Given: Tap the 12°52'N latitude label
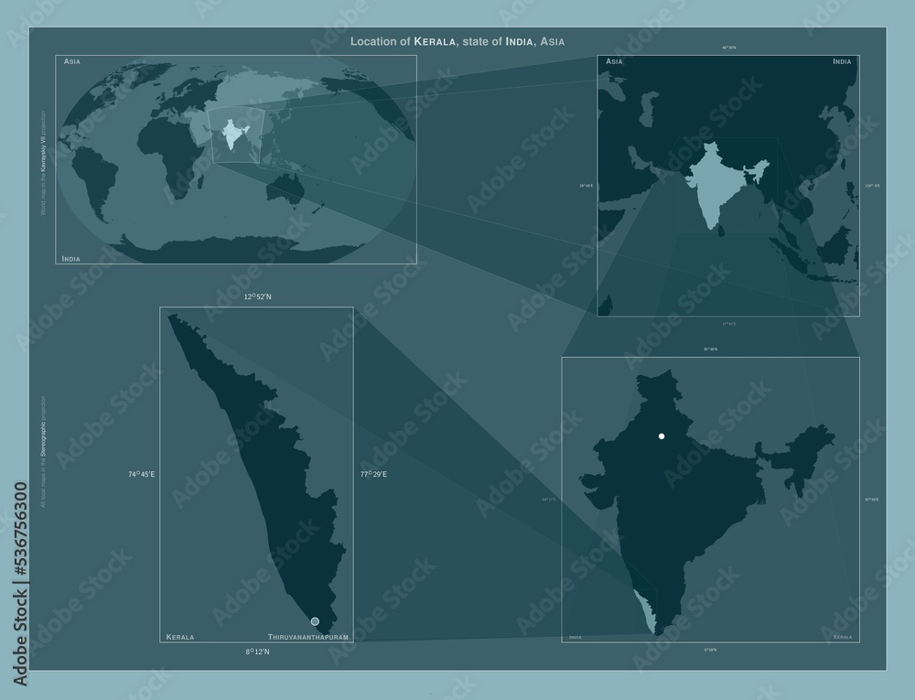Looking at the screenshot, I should (259, 296).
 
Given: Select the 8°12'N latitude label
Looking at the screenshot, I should (257, 652).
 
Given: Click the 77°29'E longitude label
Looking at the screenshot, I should (373, 474).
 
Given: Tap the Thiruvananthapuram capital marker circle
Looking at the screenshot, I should (315, 621).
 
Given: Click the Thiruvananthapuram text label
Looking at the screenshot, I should (308, 635).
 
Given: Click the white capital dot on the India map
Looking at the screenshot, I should (662, 436).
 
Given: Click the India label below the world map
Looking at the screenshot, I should (70, 259).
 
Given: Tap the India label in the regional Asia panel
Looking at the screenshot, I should (842, 61).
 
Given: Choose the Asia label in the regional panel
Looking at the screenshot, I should (615, 61).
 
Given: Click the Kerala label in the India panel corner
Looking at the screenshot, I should (842, 636).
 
